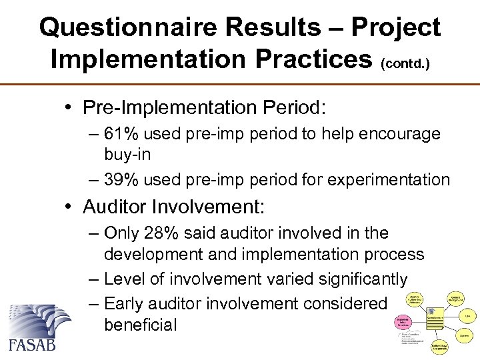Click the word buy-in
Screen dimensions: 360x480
(127, 155)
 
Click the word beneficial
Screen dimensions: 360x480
(141, 325)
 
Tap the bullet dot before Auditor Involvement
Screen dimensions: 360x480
(71, 207)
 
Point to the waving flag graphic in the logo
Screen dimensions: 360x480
(37, 321)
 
